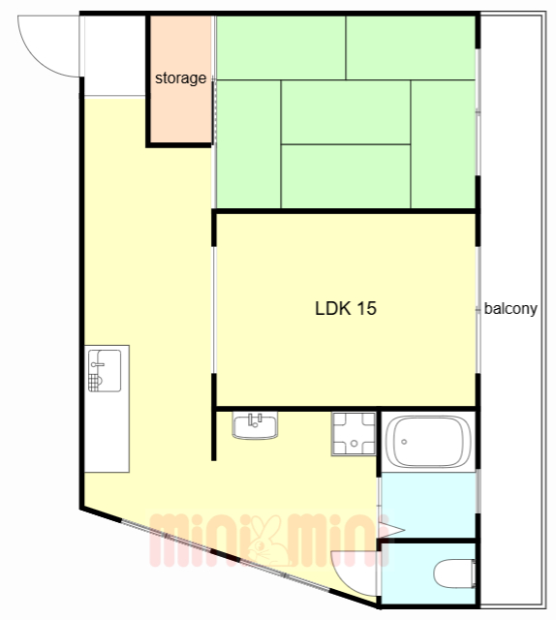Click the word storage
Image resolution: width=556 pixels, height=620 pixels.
(180, 78)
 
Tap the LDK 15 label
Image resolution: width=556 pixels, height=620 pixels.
(346, 308)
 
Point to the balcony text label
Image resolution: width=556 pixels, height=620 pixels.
(510, 308)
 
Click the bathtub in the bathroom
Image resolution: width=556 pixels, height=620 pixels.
(428, 442)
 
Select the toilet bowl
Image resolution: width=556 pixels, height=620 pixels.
(454, 573)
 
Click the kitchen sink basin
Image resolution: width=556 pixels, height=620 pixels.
(105, 370)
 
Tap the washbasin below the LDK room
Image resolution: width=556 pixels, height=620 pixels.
(255, 425)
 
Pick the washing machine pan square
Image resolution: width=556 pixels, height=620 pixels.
(354, 434)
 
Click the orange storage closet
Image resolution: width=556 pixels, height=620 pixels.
(180, 79)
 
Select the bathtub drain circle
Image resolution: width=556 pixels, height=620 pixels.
(404, 442)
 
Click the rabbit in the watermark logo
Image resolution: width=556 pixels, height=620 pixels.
(266, 541)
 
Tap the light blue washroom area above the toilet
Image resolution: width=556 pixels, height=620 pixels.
(428, 505)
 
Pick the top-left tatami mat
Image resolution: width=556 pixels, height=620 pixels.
(281, 47)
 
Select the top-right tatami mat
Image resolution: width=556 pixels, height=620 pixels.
(411, 47)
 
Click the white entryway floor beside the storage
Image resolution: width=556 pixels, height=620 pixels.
(114, 55)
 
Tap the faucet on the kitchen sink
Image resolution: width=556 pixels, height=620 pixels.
(97, 364)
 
